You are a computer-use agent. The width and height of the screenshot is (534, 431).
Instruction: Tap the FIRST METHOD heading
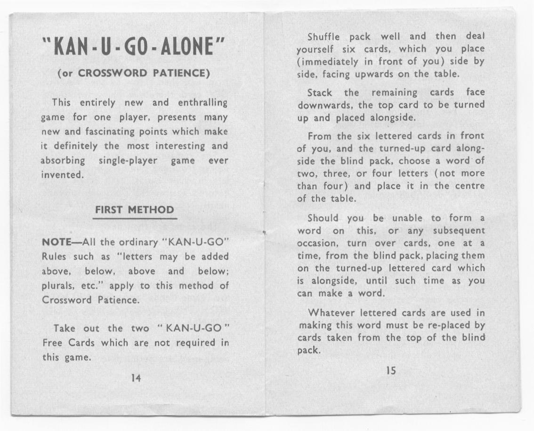[135, 210]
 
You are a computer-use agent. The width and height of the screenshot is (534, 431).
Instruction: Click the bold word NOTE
[57, 242]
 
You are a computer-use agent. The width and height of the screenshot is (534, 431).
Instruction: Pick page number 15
[391, 371]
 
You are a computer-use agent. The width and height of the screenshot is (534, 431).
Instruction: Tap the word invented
[60, 174]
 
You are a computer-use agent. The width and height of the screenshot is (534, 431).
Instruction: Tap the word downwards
[325, 105]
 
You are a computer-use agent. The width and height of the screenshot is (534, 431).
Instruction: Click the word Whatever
[332, 313]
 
